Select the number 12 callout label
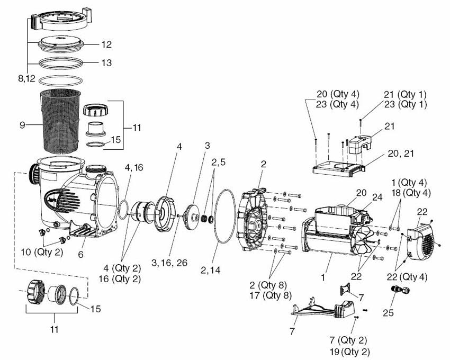[106, 44]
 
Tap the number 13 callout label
[106, 62]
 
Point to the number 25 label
[389, 313]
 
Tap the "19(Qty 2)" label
[348, 351]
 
